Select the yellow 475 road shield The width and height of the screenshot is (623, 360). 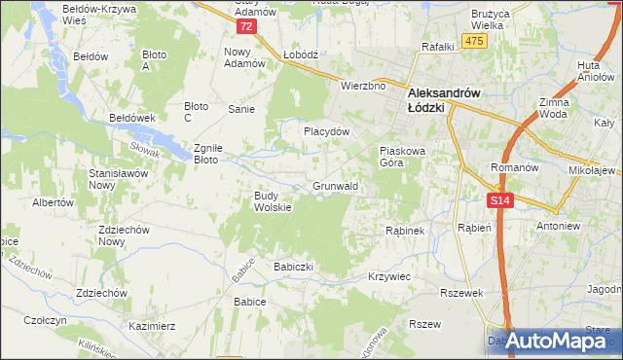click(x=474, y=40)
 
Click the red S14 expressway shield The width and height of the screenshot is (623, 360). click(x=499, y=200)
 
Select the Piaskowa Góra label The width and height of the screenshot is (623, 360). click(x=404, y=157)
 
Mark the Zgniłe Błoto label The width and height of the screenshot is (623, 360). click(x=209, y=154)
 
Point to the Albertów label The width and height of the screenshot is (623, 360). click(x=54, y=202)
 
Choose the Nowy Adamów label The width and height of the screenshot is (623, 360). click(x=245, y=57)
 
